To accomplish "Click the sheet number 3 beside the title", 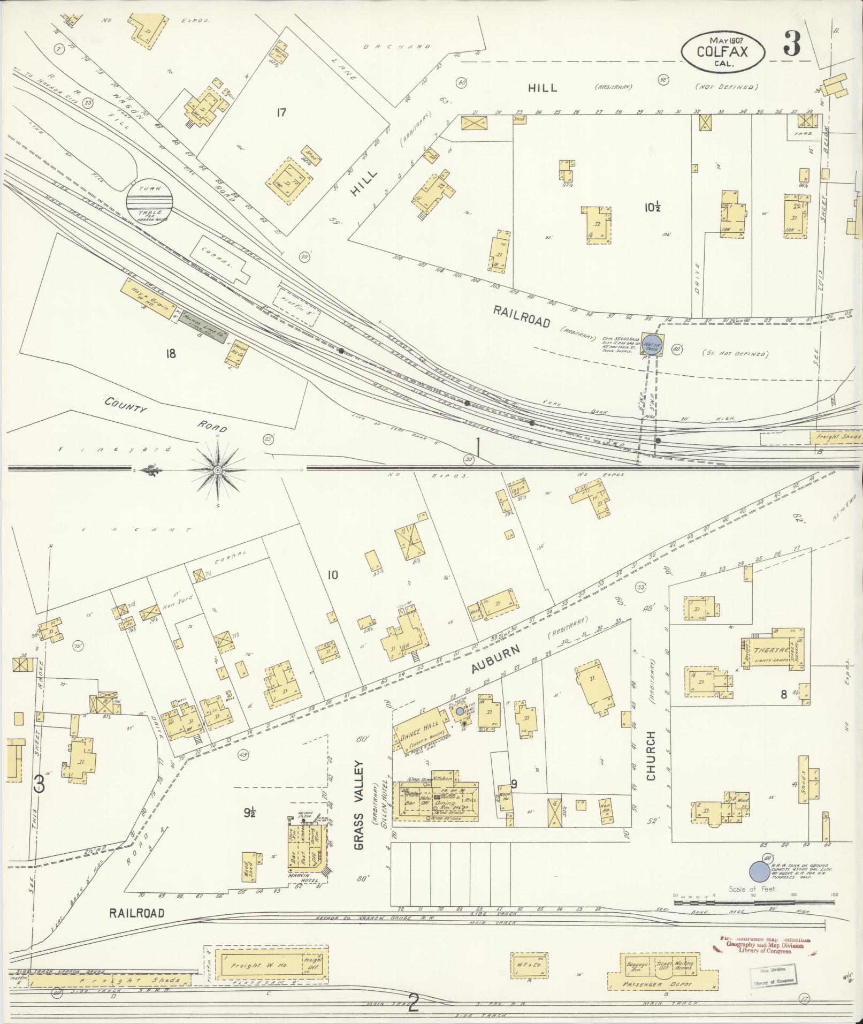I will coord(792,44).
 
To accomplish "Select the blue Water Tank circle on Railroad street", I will coord(652,346).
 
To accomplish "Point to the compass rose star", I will coord(218,469).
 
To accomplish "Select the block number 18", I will coord(171,354).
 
